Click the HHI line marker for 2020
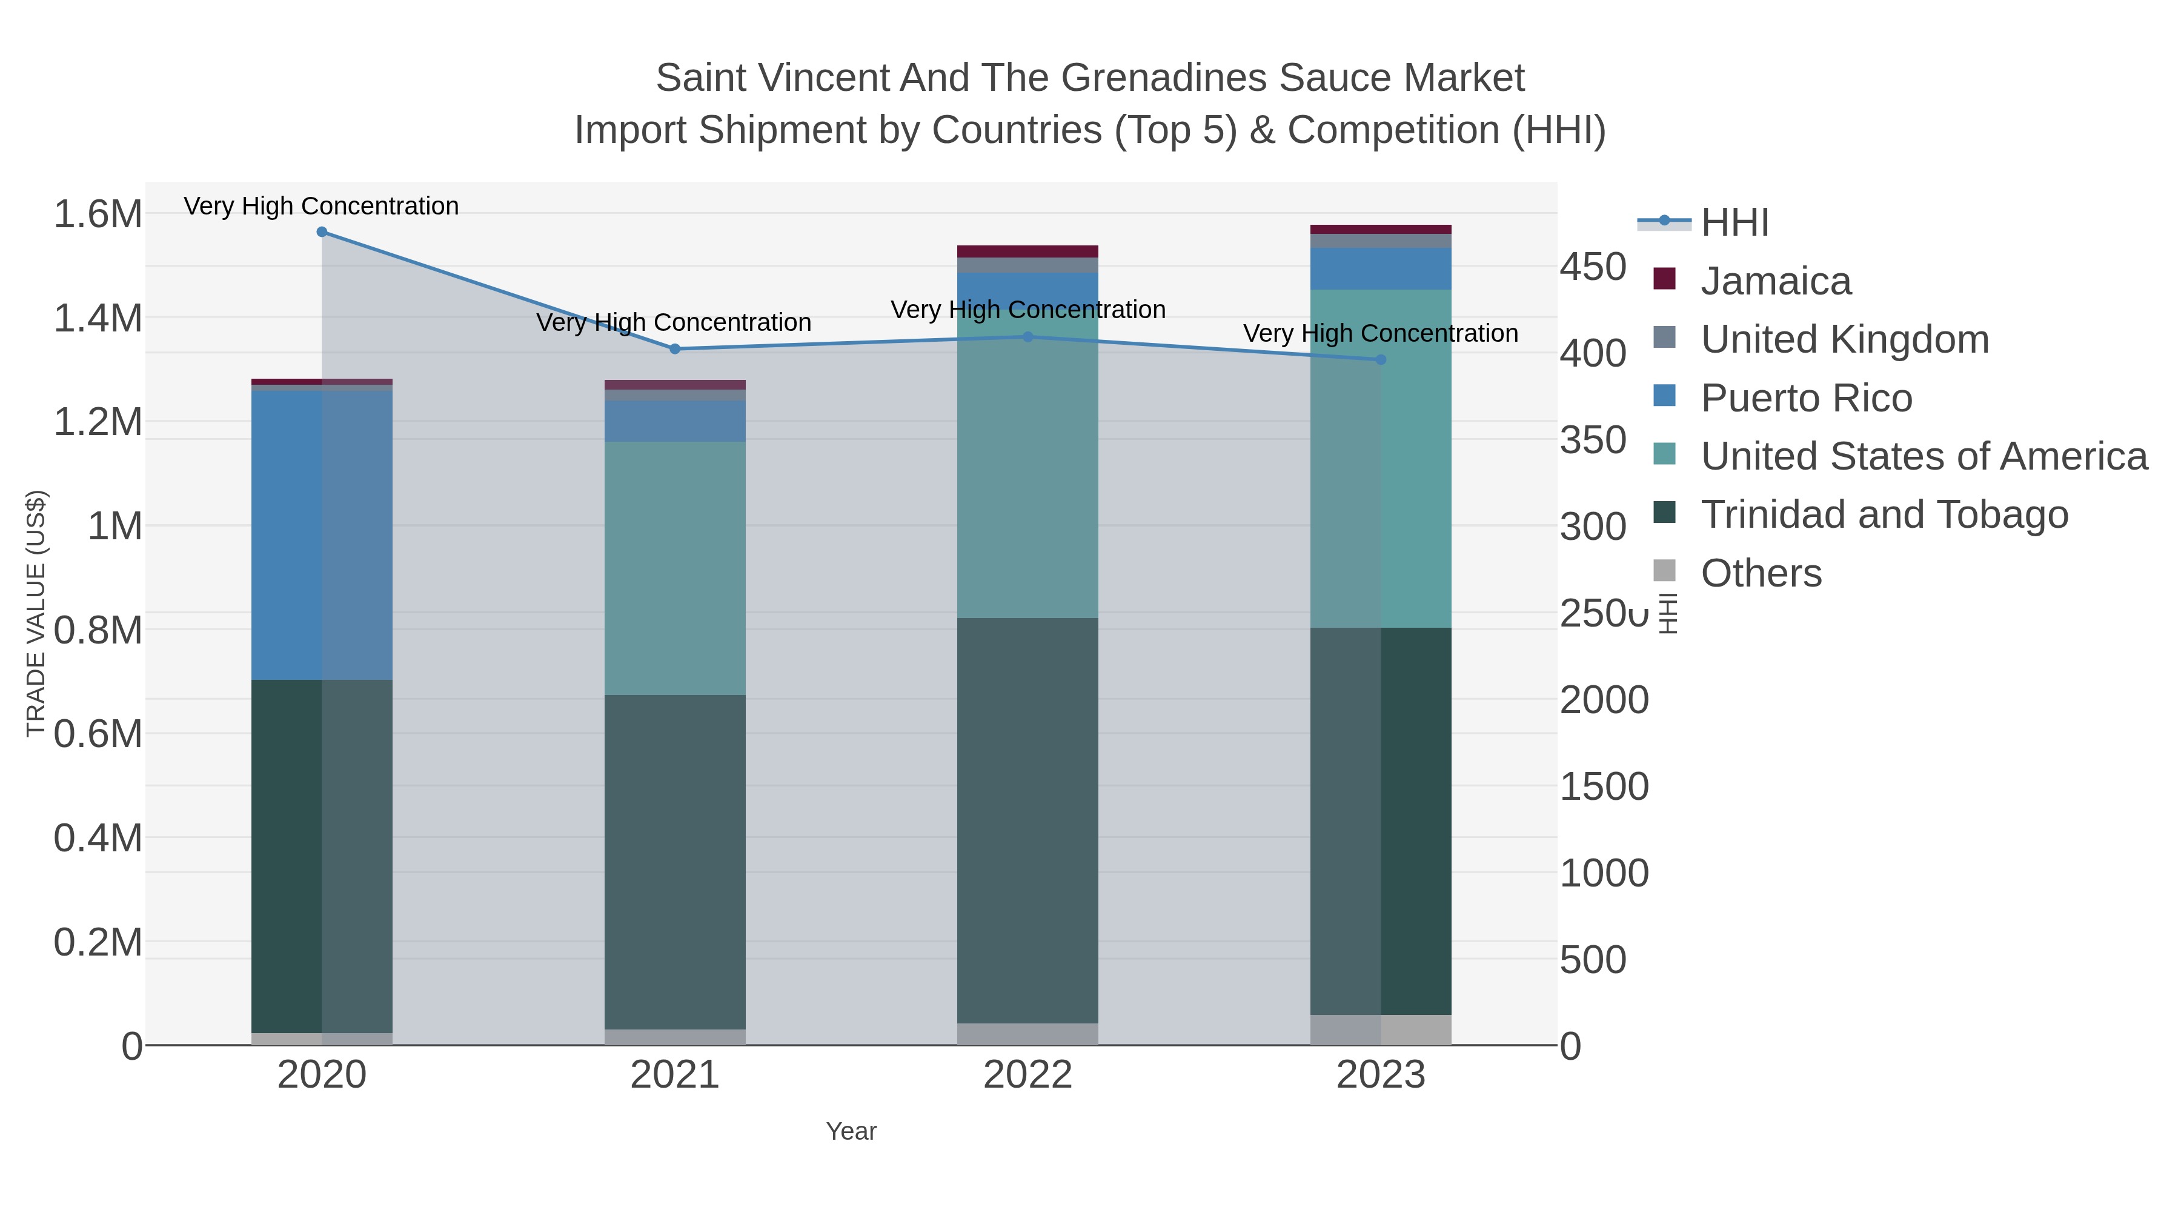(322, 232)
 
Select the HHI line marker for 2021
(675, 349)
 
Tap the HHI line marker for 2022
(1028, 336)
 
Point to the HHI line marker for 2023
(1381, 360)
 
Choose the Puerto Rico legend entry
(1805, 398)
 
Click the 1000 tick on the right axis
(1604, 873)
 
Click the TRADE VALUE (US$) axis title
(36, 613)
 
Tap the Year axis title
(851, 1131)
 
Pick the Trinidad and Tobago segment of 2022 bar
(1028, 820)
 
